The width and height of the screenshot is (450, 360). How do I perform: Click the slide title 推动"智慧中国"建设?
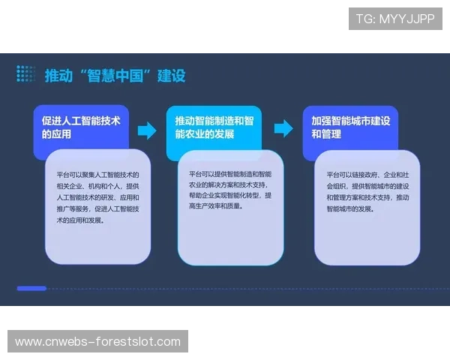[x=115, y=76]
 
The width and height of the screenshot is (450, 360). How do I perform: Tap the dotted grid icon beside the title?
[x=25, y=73]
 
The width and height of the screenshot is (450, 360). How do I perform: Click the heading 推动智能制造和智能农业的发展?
[x=214, y=127]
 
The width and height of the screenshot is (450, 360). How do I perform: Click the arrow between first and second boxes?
[x=147, y=130]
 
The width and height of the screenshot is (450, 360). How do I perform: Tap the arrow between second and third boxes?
[x=283, y=128]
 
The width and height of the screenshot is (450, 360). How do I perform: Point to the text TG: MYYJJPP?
[x=395, y=19]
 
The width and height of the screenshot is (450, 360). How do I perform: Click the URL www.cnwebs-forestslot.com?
[x=98, y=342]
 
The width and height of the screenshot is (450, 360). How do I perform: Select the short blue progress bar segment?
[x=31, y=288]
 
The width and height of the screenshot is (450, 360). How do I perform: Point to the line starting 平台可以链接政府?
[x=367, y=175]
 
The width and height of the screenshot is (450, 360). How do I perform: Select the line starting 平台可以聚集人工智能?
[x=97, y=175]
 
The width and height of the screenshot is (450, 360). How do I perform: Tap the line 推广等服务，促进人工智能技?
[x=97, y=209]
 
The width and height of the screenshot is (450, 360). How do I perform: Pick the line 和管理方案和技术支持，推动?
[x=367, y=197]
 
